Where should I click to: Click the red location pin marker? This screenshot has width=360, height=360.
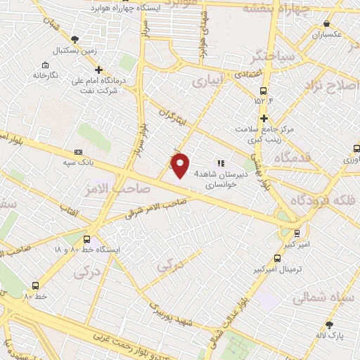click(x=181, y=165)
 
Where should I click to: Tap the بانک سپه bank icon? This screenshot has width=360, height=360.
click(x=78, y=152)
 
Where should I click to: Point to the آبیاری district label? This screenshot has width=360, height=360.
click(x=210, y=82)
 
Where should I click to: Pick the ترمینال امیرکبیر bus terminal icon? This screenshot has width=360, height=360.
click(x=277, y=258)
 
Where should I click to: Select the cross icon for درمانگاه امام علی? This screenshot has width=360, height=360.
click(x=98, y=70)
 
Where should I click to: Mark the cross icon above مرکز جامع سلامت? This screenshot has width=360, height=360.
click(x=264, y=118)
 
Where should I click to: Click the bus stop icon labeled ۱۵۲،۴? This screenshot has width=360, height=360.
click(x=264, y=91)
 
